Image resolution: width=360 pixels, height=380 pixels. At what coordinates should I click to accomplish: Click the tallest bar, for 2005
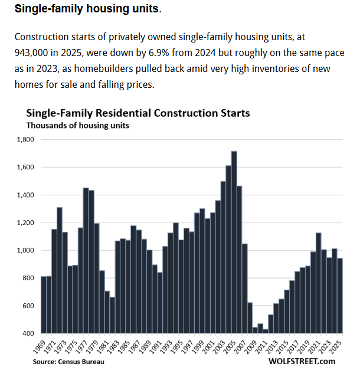[234, 242]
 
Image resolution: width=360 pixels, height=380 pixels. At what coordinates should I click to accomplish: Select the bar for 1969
[44, 304]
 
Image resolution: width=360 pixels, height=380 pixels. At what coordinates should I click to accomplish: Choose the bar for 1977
[86, 260]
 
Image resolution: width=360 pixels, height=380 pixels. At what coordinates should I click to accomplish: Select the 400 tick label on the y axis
[29, 334]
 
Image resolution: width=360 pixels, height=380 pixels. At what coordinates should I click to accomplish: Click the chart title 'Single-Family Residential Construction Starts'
[138, 113]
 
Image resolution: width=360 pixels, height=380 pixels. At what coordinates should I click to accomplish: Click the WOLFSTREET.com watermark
[301, 361]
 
